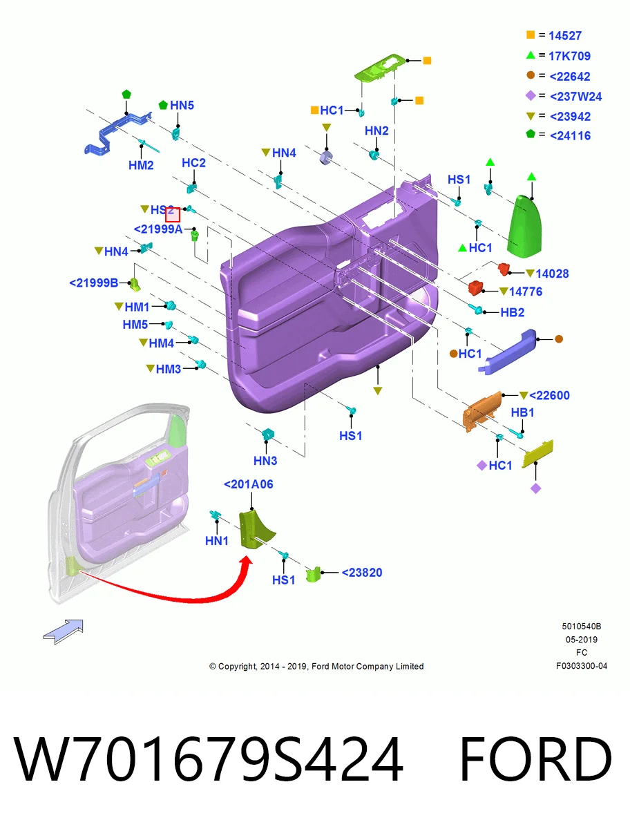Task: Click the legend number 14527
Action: point(564,35)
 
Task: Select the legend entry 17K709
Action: point(569,56)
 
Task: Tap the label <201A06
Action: point(249,484)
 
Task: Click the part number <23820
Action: point(361,572)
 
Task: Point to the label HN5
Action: point(182,105)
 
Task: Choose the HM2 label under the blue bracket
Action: point(141,165)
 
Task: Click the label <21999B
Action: point(94,283)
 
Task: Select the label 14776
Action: point(526,292)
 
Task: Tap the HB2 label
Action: point(513,312)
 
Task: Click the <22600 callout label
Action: point(549,395)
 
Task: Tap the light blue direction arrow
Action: point(63,632)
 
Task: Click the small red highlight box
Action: point(173,215)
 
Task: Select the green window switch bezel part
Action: point(379,67)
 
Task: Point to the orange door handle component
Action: point(482,411)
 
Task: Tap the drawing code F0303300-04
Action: point(582,666)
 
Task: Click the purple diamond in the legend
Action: point(531,95)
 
